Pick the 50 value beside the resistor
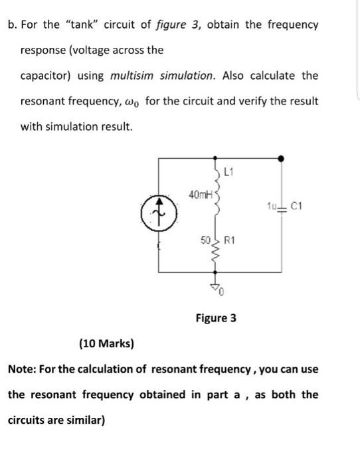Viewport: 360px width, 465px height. (206, 238)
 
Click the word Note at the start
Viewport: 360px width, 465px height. (21, 369)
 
